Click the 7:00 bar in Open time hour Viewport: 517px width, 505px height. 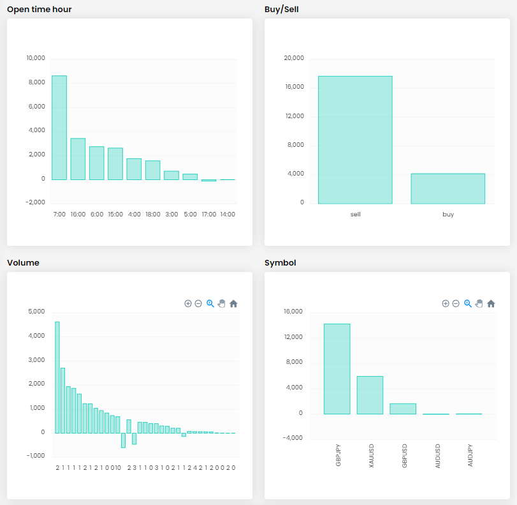[59, 128]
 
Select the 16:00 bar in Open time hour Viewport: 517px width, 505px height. [78, 159]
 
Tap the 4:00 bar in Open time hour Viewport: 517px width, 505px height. [134, 169]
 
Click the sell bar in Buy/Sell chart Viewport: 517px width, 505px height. [355, 140]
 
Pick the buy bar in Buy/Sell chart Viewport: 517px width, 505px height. [448, 188]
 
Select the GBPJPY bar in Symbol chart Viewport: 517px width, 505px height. [337, 369]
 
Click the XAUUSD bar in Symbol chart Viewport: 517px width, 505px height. [370, 395]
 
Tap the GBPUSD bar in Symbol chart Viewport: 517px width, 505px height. [403, 409]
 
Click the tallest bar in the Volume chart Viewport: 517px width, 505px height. [57, 377]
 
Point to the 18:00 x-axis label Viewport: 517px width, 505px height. [153, 215]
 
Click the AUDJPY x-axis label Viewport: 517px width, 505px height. [470, 455]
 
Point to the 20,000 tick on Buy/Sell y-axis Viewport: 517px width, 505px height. [294, 58]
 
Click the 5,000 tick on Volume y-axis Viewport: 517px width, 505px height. [36, 312]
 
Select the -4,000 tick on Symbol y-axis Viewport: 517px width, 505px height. [293, 438]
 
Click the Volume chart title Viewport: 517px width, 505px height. [23, 263]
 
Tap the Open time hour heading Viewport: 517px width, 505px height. [40, 10]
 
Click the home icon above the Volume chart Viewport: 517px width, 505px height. [233, 303]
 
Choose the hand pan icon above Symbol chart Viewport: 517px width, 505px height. [479, 303]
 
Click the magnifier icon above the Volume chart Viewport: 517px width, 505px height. [210, 303]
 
